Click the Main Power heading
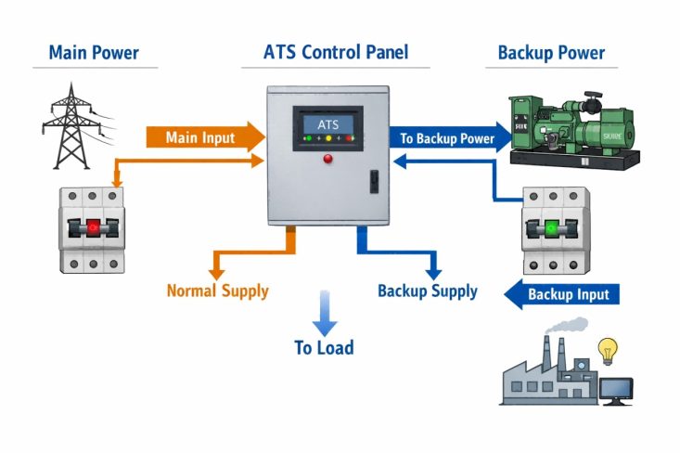click(x=93, y=52)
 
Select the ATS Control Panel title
click(x=335, y=52)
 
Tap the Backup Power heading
click(x=551, y=52)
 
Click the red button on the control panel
click(x=327, y=158)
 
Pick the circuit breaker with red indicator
click(x=91, y=228)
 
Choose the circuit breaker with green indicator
click(x=555, y=228)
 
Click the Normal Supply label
click(x=217, y=291)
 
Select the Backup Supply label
click(x=427, y=291)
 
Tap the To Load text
click(x=324, y=348)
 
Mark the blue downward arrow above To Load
click(x=324, y=312)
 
